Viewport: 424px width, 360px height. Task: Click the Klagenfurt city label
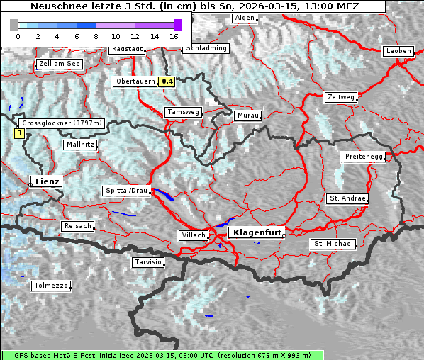pyautogui.click(x=257, y=232)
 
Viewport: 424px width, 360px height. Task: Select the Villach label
pyautogui.click(x=193, y=235)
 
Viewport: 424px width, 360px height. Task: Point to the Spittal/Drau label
pyautogui.click(x=127, y=191)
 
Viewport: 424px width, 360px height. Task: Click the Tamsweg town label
pyautogui.click(x=184, y=112)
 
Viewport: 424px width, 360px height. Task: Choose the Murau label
pyautogui.click(x=248, y=115)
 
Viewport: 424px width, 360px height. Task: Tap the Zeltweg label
pyautogui.click(x=340, y=96)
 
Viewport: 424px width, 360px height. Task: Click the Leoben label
pyautogui.click(x=398, y=51)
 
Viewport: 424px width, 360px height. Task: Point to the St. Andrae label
pyautogui.click(x=347, y=198)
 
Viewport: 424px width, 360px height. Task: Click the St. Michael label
pyautogui.click(x=333, y=244)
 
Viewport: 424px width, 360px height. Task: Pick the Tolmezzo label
pyautogui.click(x=51, y=286)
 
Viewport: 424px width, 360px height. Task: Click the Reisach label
pyautogui.click(x=78, y=226)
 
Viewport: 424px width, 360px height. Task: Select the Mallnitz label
pyautogui.click(x=80, y=145)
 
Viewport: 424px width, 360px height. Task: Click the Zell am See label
pyautogui.click(x=59, y=64)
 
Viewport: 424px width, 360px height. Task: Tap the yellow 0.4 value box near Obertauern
pyautogui.click(x=167, y=81)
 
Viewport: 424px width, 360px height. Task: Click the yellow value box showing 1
pyautogui.click(x=20, y=133)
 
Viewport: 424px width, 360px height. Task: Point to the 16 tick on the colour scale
pyautogui.click(x=174, y=35)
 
